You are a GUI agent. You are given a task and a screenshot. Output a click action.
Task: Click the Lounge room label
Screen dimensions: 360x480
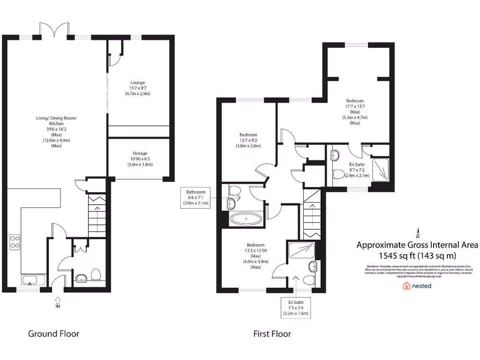pos(138,88)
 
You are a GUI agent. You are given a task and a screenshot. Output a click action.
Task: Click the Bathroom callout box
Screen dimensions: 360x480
pos(195,197)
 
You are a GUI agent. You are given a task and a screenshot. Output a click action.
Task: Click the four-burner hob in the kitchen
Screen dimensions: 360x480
pos(15,242)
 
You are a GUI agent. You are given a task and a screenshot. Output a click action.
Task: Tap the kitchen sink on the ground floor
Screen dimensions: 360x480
pos(31,281)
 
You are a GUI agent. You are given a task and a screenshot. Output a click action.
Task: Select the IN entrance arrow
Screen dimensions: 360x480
pos(58,302)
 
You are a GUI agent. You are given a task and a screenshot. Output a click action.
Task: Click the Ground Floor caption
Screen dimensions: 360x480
pos(53,334)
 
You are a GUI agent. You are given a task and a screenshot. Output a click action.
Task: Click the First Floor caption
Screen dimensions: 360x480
pos(272,334)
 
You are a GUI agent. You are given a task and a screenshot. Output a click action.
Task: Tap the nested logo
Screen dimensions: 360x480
pos(417,285)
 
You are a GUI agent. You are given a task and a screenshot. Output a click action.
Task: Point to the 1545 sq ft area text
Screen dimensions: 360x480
pos(417,255)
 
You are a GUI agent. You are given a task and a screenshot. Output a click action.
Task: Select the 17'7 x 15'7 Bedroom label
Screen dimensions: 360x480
pos(355,112)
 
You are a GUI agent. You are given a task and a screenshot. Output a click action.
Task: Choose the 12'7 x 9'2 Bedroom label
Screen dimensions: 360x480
pos(248,140)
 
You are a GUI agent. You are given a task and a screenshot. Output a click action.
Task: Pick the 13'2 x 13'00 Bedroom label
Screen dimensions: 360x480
pos(255,256)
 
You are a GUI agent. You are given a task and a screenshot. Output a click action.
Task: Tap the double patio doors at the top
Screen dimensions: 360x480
pos(54,31)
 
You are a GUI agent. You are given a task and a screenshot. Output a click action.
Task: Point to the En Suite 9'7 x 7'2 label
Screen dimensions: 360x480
pos(357,170)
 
